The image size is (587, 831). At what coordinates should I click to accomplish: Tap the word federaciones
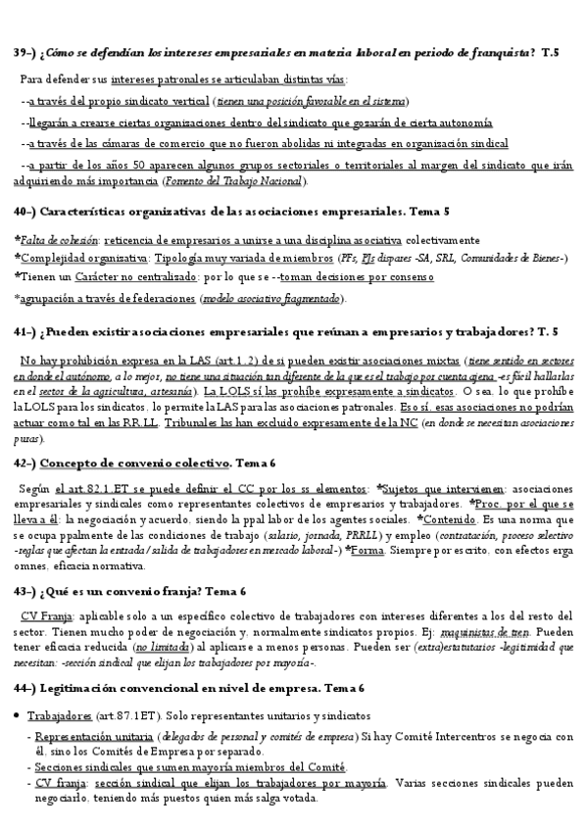click(161, 298)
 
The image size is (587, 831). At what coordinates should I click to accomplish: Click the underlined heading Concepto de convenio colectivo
click(131, 463)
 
